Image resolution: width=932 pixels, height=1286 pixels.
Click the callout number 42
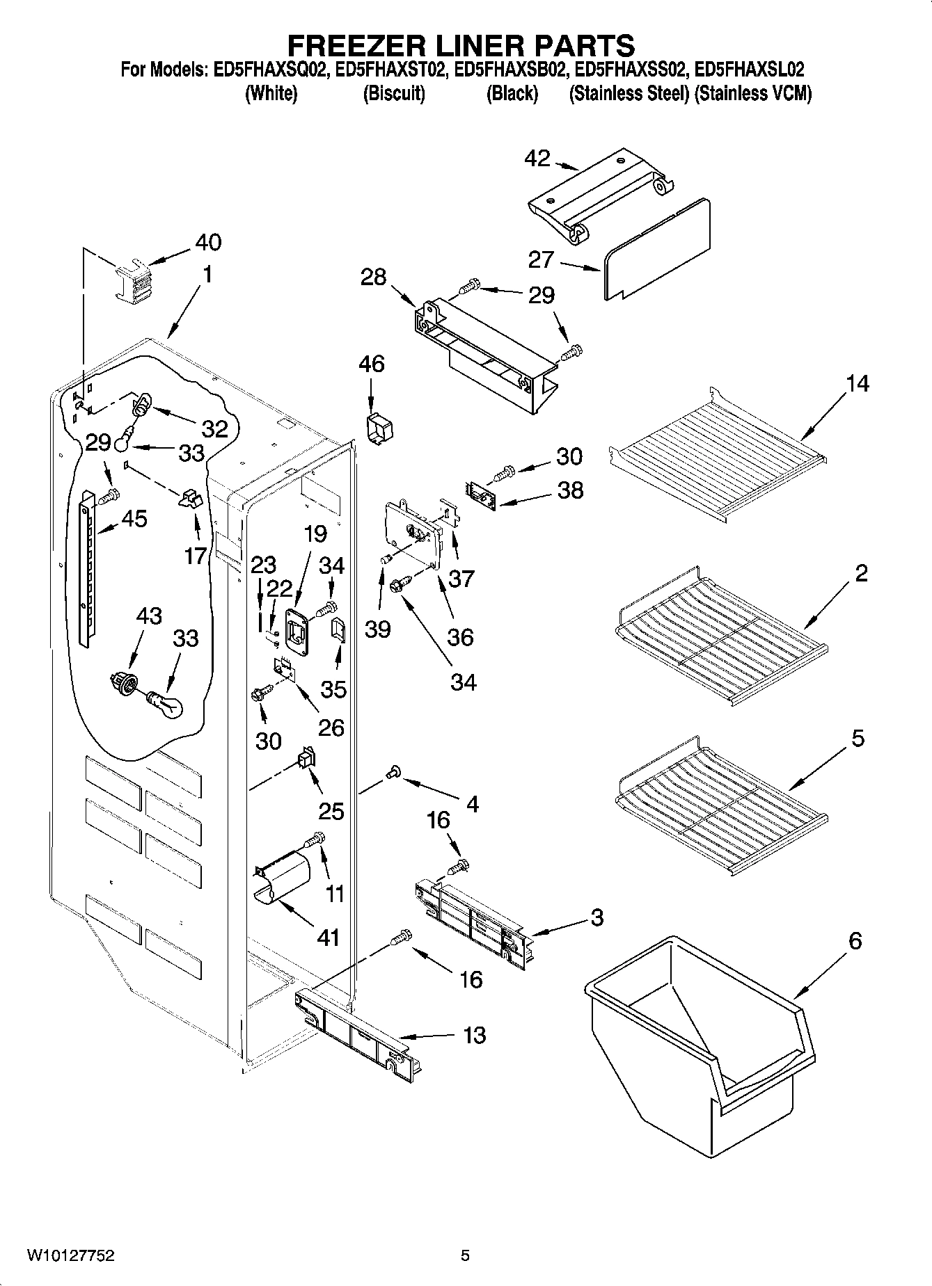537,159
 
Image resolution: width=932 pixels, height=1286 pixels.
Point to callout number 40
208,242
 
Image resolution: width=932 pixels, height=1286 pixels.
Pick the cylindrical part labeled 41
283,879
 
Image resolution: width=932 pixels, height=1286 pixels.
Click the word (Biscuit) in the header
394,93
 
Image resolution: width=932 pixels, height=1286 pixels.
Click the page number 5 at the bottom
465,1255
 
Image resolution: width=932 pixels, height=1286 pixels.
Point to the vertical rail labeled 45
86,567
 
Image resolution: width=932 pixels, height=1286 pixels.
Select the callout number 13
474,1035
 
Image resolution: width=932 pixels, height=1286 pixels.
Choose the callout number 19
315,533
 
